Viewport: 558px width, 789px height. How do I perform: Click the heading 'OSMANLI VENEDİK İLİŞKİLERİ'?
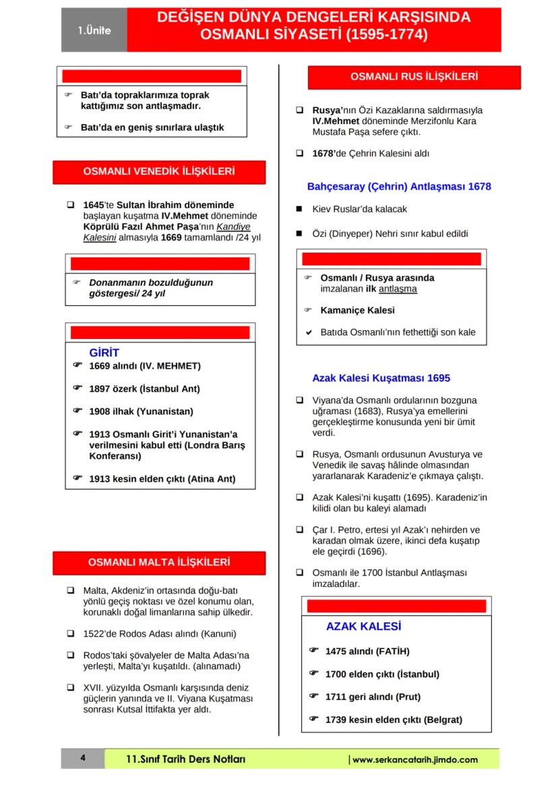click(158, 172)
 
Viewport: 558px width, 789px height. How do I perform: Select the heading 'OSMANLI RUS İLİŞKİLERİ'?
click(414, 77)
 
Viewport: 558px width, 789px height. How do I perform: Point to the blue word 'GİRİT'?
click(104, 352)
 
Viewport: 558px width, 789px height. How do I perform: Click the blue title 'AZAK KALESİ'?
click(363, 626)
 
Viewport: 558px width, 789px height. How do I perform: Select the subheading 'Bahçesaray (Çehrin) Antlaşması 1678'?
click(399, 186)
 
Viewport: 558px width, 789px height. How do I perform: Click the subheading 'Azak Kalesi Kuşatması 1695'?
click(381, 378)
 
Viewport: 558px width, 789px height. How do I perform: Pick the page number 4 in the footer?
click(82, 759)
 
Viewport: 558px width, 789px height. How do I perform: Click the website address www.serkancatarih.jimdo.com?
click(414, 759)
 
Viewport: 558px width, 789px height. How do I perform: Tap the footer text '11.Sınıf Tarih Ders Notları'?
click(186, 759)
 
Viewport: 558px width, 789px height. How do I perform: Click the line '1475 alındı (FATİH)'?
click(367, 652)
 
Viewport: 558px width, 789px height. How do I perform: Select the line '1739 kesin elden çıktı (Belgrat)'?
click(394, 720)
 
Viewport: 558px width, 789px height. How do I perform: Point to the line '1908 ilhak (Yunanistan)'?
click(141, 411)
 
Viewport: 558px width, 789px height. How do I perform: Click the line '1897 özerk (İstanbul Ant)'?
click(144, 389)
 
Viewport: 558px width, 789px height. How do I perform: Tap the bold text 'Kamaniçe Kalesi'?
click(357, 311)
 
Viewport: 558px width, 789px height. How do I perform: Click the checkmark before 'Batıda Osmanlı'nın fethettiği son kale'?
click(309, 332)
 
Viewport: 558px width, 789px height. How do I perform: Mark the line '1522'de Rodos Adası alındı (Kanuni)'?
click(160, 634)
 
